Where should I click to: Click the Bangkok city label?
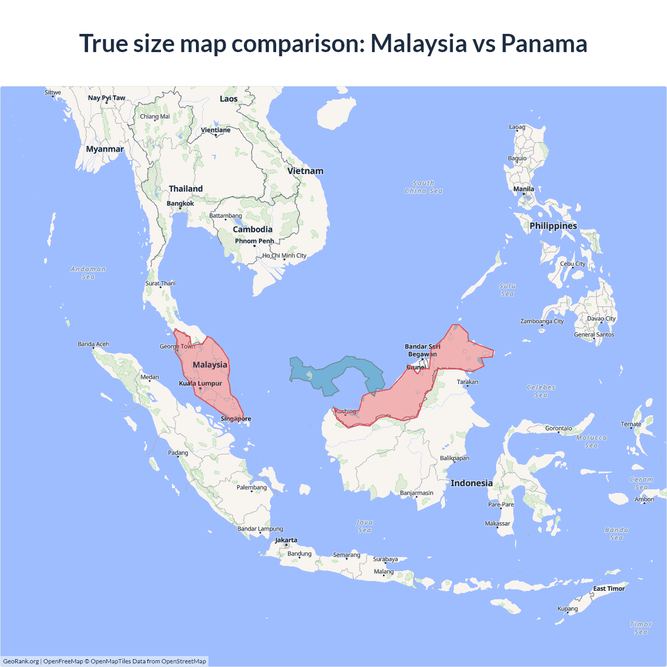pos(180,203)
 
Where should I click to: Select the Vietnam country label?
pos(305,171)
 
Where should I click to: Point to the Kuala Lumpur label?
pos(201,384)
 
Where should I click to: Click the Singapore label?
pos(236,418)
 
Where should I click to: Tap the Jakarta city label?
pos(286,540)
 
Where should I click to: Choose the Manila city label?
pos(524,189)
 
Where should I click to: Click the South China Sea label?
pos(424,187)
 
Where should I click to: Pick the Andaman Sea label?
pos(88,273)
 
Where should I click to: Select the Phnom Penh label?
pos(254,241)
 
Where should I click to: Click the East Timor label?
pos(609,588)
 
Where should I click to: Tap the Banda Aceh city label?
pos(93,344)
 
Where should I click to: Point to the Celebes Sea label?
pos(541,391)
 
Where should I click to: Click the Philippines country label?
pos(553,226)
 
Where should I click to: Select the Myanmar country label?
pos(105,149)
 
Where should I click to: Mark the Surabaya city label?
pos(385,559)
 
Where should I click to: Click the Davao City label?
pos(601,318)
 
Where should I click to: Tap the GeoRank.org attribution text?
pos(21,661)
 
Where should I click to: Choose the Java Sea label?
pos(364,526)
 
